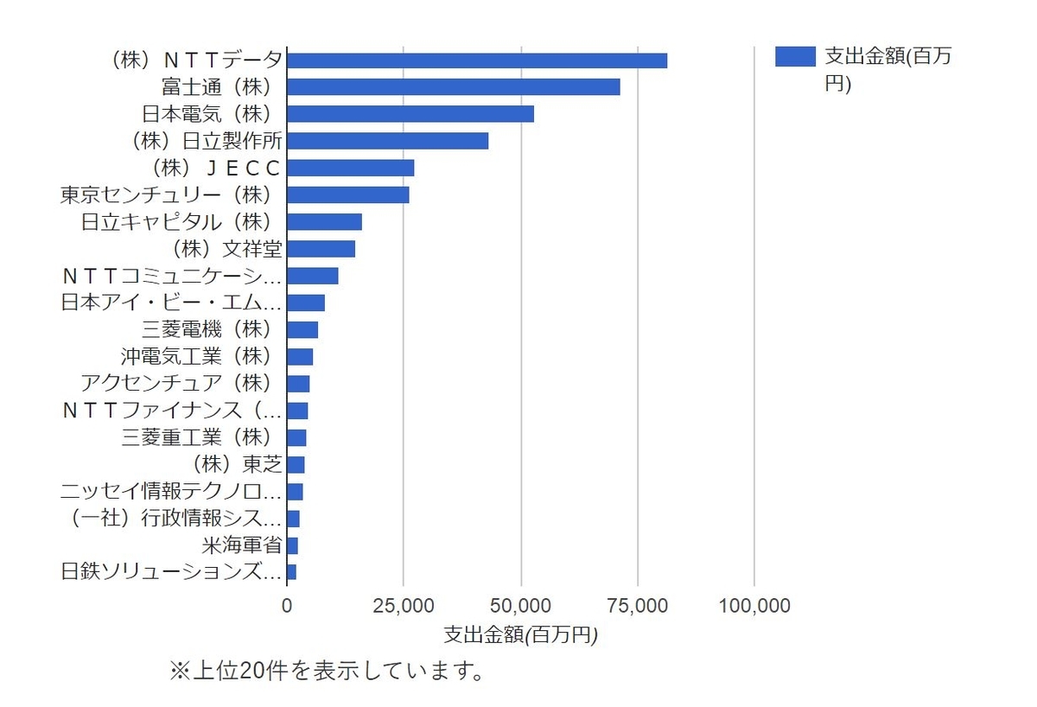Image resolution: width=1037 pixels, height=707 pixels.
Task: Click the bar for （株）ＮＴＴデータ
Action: (x=477, y=61)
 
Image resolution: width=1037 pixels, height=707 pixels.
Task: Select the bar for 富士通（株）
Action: (x=454, y=87)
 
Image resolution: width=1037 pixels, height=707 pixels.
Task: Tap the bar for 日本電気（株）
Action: (x=410, y=114)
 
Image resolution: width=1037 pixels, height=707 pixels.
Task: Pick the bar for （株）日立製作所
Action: (x=388, y=141)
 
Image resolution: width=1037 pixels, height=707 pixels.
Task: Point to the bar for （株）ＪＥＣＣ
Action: (x=351, y=168)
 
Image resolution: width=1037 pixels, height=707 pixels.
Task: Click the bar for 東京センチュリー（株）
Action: (x=348, y=194)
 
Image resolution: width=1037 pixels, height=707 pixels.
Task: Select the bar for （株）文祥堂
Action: (x=321, y=249)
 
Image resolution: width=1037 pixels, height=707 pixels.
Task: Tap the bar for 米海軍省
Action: (x=293, y=545)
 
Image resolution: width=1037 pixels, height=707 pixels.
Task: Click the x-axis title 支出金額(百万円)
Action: (x=520, y=634)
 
